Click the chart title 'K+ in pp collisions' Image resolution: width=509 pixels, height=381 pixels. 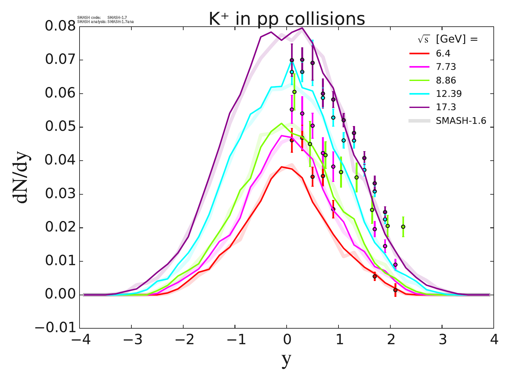[287, 19]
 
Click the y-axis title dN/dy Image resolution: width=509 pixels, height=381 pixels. [21, 178]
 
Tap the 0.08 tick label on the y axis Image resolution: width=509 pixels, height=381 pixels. [60, 26]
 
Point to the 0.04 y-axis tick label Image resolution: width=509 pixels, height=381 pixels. [60, 161]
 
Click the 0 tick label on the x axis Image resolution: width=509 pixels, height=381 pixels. [287, 340]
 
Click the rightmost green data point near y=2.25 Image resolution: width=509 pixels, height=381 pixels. [403, 227]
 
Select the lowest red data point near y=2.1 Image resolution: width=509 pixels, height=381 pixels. [395, 290]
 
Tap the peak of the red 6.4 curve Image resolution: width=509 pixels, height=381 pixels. [282, 167]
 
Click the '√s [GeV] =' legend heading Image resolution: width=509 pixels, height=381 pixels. [448, 39]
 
